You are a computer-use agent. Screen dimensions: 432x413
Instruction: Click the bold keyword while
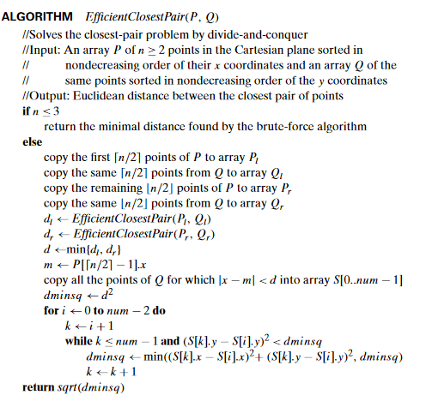[80, 340]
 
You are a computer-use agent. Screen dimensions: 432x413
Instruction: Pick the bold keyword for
[51, 308]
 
